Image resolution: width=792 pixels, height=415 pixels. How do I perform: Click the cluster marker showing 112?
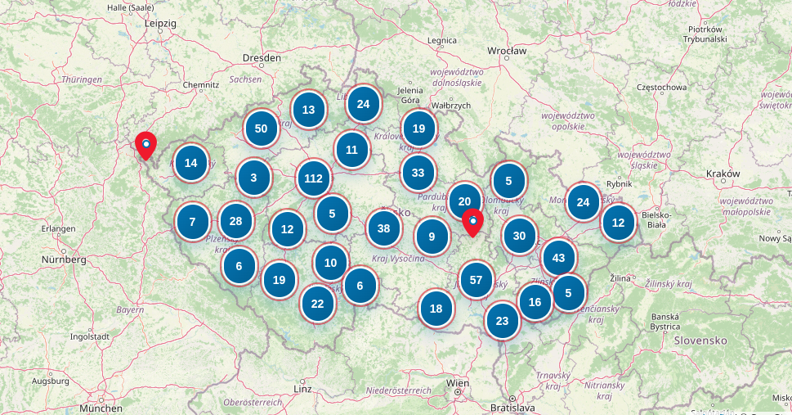click(x=313, y=178)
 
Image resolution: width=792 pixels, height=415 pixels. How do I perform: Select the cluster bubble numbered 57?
click(x=477, y=280)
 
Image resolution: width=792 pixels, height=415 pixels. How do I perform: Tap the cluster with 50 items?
click(x=261, y=129)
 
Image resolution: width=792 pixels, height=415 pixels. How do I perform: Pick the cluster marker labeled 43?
click(x=559, y=258)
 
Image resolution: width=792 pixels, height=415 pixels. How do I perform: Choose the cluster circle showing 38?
click(x=383, y=228)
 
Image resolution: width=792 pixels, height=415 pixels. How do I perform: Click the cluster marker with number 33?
click(x=418, y=173)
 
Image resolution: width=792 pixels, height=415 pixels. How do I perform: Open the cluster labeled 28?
click(x=236, y=221)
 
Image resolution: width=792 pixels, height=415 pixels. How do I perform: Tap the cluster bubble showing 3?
click(x=254, y=177)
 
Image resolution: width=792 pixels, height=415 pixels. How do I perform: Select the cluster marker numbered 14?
click(x=191, y=163)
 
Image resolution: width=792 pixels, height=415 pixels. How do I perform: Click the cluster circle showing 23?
click(x=502, y=321)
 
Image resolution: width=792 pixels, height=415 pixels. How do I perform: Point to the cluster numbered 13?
click(x=309, y=110)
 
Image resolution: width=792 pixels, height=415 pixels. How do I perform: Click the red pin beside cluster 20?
click(x=472, y=222)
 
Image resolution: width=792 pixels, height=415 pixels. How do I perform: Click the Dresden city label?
click(x=262, y=58)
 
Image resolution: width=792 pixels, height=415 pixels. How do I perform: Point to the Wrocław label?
click(x=507, y=51)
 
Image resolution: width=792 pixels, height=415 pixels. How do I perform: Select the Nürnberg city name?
click(x=63, y=259)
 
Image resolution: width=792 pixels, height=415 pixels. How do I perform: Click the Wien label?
click(x=458, y=383)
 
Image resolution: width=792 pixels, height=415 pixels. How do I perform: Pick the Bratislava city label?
click(x=512, y=407)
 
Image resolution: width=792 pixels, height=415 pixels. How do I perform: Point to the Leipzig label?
click(x=160, y=24)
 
